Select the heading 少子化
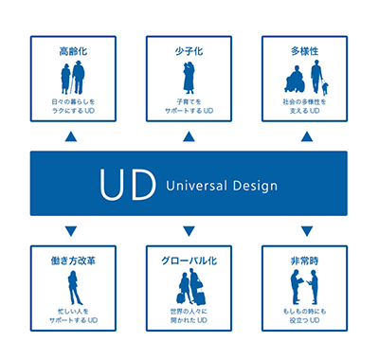(x=189, y=49)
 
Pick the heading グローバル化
(x=189, y=258)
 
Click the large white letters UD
(x=129, y=185)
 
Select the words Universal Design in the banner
(x=221, y=186)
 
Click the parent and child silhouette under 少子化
(x=189, y=78)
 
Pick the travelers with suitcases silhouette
(x=189, y=286)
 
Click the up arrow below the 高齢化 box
(x=72, y=136)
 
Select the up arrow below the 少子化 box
(x=189, y=136)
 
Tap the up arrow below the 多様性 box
(x=306, y=136)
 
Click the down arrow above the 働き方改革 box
(x=72, y=231)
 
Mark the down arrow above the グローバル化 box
(x=189, y=231)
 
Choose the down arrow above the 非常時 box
(x=306, y=231)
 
